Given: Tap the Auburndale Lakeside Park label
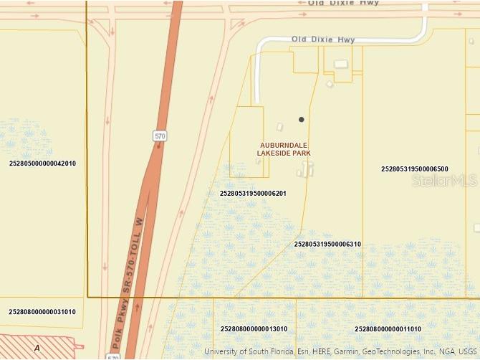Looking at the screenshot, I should [x=284, y=148].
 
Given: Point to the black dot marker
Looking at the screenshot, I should [x=302, y=119].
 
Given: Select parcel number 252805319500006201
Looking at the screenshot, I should [x=253, y=194].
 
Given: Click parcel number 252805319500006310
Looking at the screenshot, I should [x=327, y=245].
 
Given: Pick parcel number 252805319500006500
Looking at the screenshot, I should [x=415, y=169].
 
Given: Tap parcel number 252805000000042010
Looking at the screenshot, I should [x=42, y=164].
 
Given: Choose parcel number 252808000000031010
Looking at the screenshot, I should [x=42, y=312].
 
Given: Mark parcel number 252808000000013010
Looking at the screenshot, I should [x=254, y=329].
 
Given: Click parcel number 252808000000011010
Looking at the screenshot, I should [x=388, y=329].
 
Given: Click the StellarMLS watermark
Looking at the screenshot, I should [x=444, y=181].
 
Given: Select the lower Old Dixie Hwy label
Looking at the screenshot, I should [x=323, y=39].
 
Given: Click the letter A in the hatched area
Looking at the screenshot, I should [x=37, y=348].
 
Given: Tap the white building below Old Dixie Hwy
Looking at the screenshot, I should [x=341, y=65].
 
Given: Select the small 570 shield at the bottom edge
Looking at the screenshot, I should [x=115, y=356].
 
